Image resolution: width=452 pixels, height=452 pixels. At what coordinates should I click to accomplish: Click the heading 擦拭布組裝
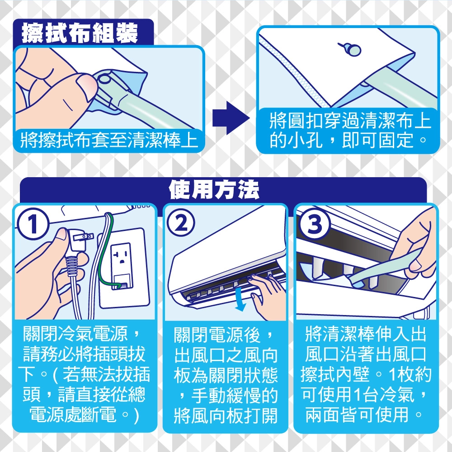tap(80, 33)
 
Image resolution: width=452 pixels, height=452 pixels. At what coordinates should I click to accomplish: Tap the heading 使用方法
tap(214, 190)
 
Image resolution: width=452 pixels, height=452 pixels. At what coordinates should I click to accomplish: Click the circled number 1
tap(32, 224)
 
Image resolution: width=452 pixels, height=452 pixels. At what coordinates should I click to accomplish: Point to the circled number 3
tap(314, 224)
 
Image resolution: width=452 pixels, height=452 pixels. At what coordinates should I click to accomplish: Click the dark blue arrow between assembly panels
tap(231, 118)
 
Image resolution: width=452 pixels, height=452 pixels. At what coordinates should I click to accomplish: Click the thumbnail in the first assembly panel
tap(88, 86)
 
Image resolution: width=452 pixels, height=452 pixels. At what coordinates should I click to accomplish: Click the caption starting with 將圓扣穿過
tap(350, 130)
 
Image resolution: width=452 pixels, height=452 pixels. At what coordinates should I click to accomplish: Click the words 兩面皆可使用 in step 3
tap(357, 415)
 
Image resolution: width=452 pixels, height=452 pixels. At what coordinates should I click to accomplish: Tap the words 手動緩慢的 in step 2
tap(234, 395)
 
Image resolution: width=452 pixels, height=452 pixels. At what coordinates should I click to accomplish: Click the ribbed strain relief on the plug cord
tap(72, 265)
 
